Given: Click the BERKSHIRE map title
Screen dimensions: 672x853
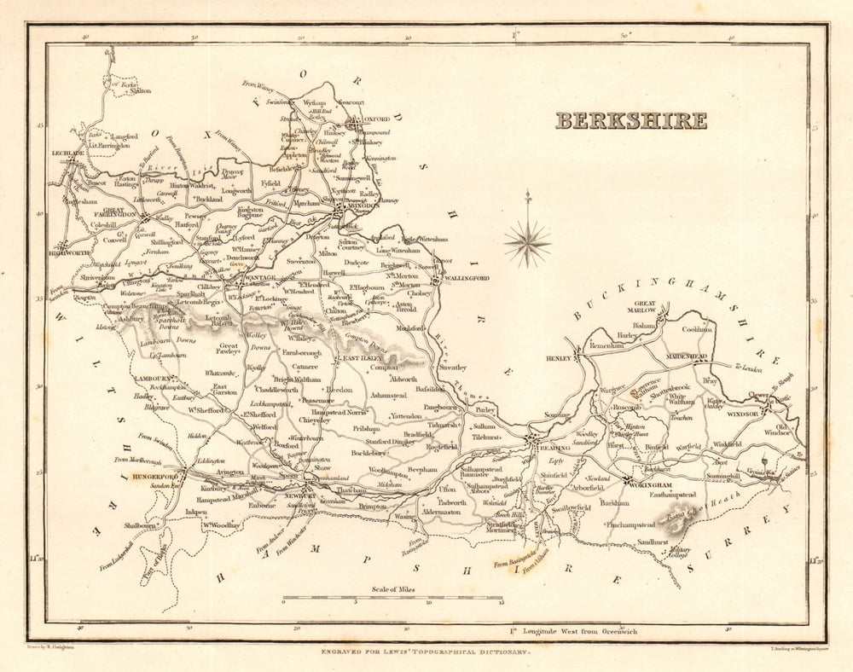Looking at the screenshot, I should pyautogui.click(x=631, y=120).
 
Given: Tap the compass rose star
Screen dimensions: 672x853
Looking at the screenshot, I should pyautogui.click(x=527, y=242).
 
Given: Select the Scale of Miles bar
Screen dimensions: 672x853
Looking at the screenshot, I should pyautogui.click(x=392, y=600).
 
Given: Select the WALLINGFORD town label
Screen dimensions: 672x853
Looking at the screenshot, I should pyautogui.click(x=466, y=278).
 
